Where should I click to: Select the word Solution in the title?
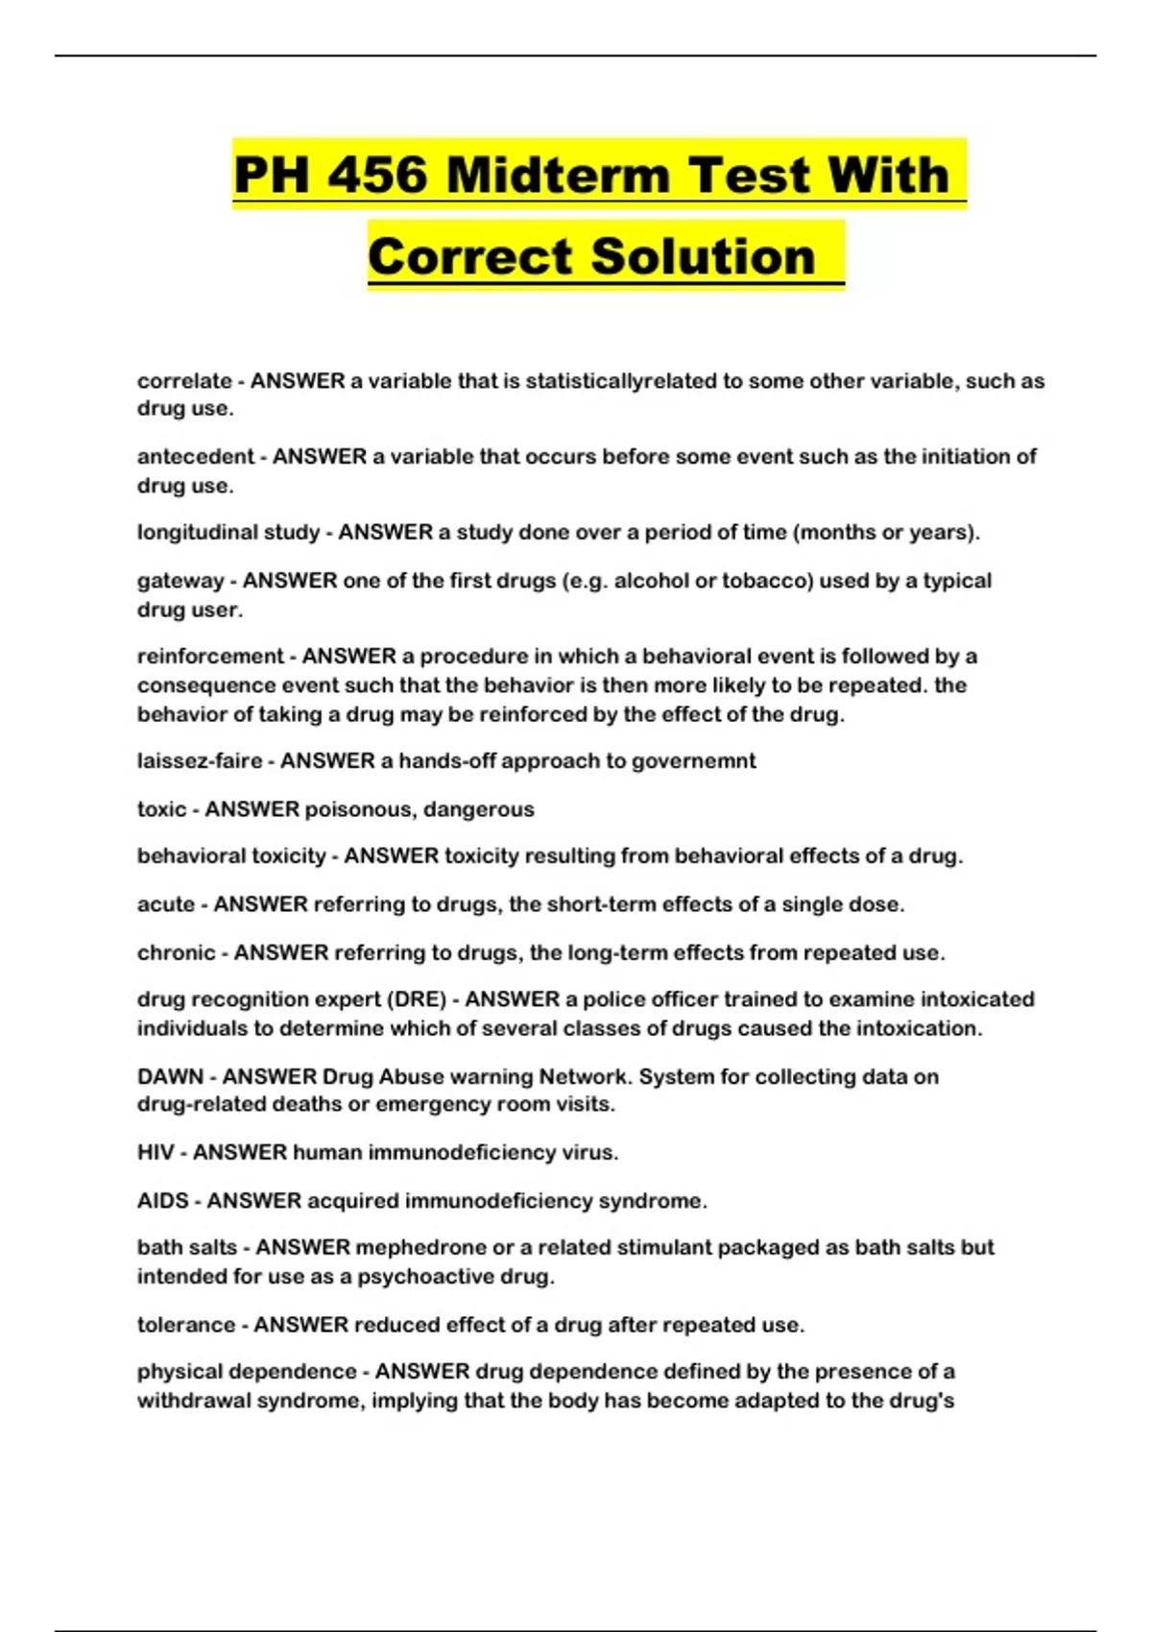(703, 256)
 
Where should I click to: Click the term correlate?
(184, 381)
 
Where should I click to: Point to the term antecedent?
(196, 457)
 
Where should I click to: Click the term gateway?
(180, 581)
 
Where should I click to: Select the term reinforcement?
(211, 657)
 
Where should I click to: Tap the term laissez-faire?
(200, 761)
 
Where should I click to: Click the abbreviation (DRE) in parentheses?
(417, 999)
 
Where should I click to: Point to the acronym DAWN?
(170, 1077)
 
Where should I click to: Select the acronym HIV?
(156, 1152)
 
